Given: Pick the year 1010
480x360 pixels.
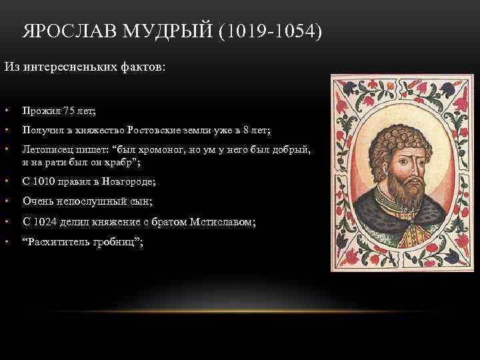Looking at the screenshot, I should pos(43,181).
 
